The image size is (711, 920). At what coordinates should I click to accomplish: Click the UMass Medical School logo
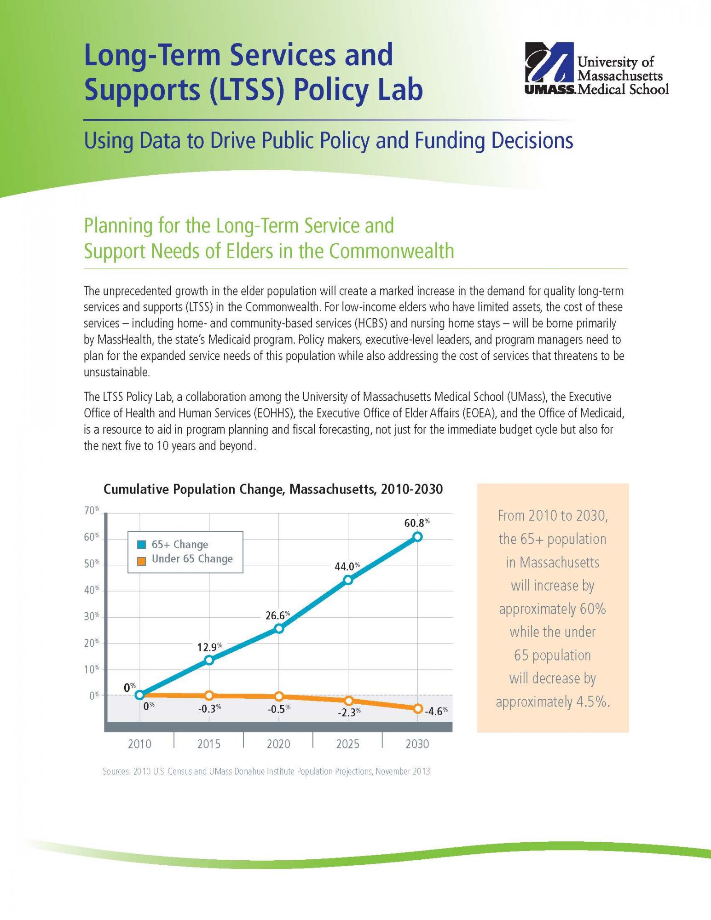[x=596, y=69]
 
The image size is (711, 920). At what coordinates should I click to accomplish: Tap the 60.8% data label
[x=416, y=523]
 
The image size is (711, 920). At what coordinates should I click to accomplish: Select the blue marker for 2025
[x=348, y=580]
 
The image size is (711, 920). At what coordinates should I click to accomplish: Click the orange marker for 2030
[x=417, y=709]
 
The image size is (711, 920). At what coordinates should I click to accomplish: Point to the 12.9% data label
[x=209, y=647]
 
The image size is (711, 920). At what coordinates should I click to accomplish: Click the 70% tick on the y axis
[x=92, y=511]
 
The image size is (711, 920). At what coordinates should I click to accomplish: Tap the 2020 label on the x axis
[x=278, y=744]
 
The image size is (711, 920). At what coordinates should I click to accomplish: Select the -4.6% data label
[x=435, y=712]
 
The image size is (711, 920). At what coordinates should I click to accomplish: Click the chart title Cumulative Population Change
[x=273, y=489]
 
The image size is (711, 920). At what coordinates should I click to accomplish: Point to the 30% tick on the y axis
[x=92, y=616]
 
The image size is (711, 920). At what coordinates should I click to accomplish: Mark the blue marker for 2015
[x=209, y=660]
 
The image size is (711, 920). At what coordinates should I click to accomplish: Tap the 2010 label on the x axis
[x=139, y=744]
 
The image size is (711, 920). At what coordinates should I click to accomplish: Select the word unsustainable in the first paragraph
[x=116, y=373]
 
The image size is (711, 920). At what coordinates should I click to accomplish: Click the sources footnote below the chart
[x=266, y=771]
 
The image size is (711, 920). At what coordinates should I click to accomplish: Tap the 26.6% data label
[x=277, y=615]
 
